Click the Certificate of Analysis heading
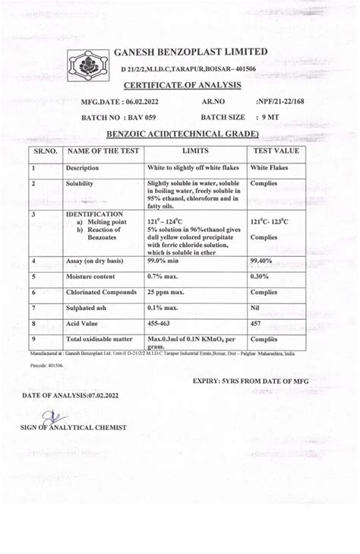point(182,85)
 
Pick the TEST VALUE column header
point(275,151)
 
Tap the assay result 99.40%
point(262,261)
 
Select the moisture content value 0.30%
point(261,277)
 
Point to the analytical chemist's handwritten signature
point(49,417)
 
